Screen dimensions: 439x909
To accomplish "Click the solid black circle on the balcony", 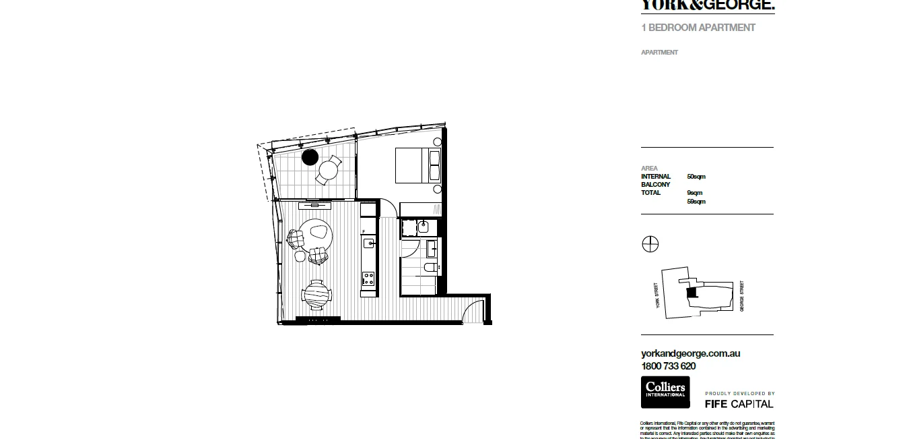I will (310, 157).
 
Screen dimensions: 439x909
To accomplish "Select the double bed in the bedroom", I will (411, 166).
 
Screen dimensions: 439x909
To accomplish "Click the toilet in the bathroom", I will (429, 268).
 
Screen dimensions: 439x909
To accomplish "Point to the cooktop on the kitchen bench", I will (368, 276).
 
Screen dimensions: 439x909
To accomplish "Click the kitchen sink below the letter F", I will (368, 243).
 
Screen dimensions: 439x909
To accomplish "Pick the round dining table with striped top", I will (317, 293).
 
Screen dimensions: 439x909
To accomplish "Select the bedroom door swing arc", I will (388, 207).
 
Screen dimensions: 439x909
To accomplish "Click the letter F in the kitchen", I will (364, 231).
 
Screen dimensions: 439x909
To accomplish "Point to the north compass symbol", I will (650, 244).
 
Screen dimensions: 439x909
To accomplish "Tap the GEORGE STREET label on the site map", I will (742, 295).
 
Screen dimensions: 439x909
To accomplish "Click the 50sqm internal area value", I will (696, 177).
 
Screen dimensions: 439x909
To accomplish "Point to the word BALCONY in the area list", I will (655, 185).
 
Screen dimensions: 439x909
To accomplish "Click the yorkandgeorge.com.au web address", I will (691, 353).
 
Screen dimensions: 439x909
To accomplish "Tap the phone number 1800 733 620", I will (669, 366).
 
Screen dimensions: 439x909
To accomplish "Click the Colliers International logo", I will (665, 392).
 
